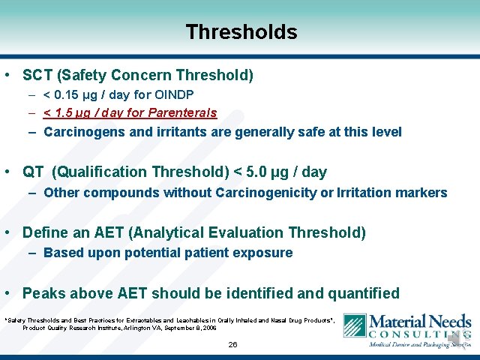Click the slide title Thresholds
click(x=241, y=32)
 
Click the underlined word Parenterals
click(x=182, y=113)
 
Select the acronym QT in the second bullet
click(x=33, y=172)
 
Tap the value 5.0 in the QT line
click(x=251, y=172)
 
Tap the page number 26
click(x=232, y=345)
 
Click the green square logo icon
click(x=354, y=325)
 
